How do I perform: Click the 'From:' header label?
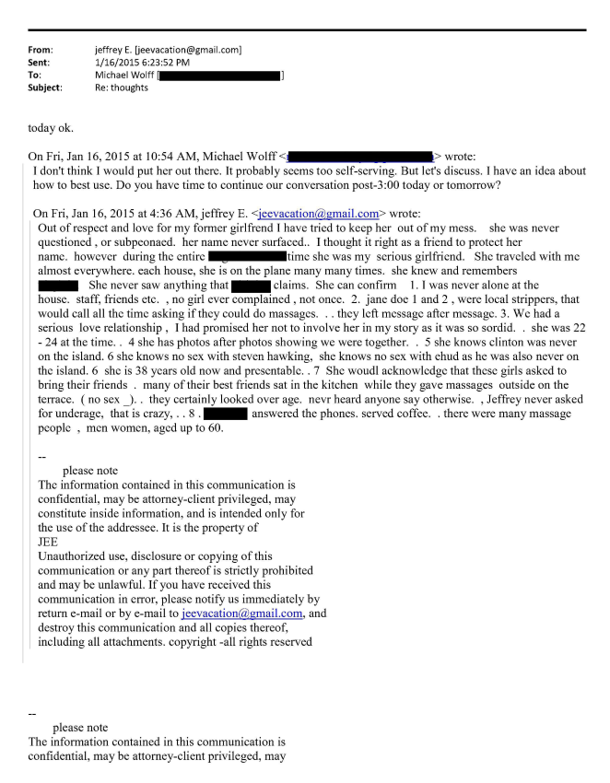41,49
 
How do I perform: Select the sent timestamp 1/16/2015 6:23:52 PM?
135,62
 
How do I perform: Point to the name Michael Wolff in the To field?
125,75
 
